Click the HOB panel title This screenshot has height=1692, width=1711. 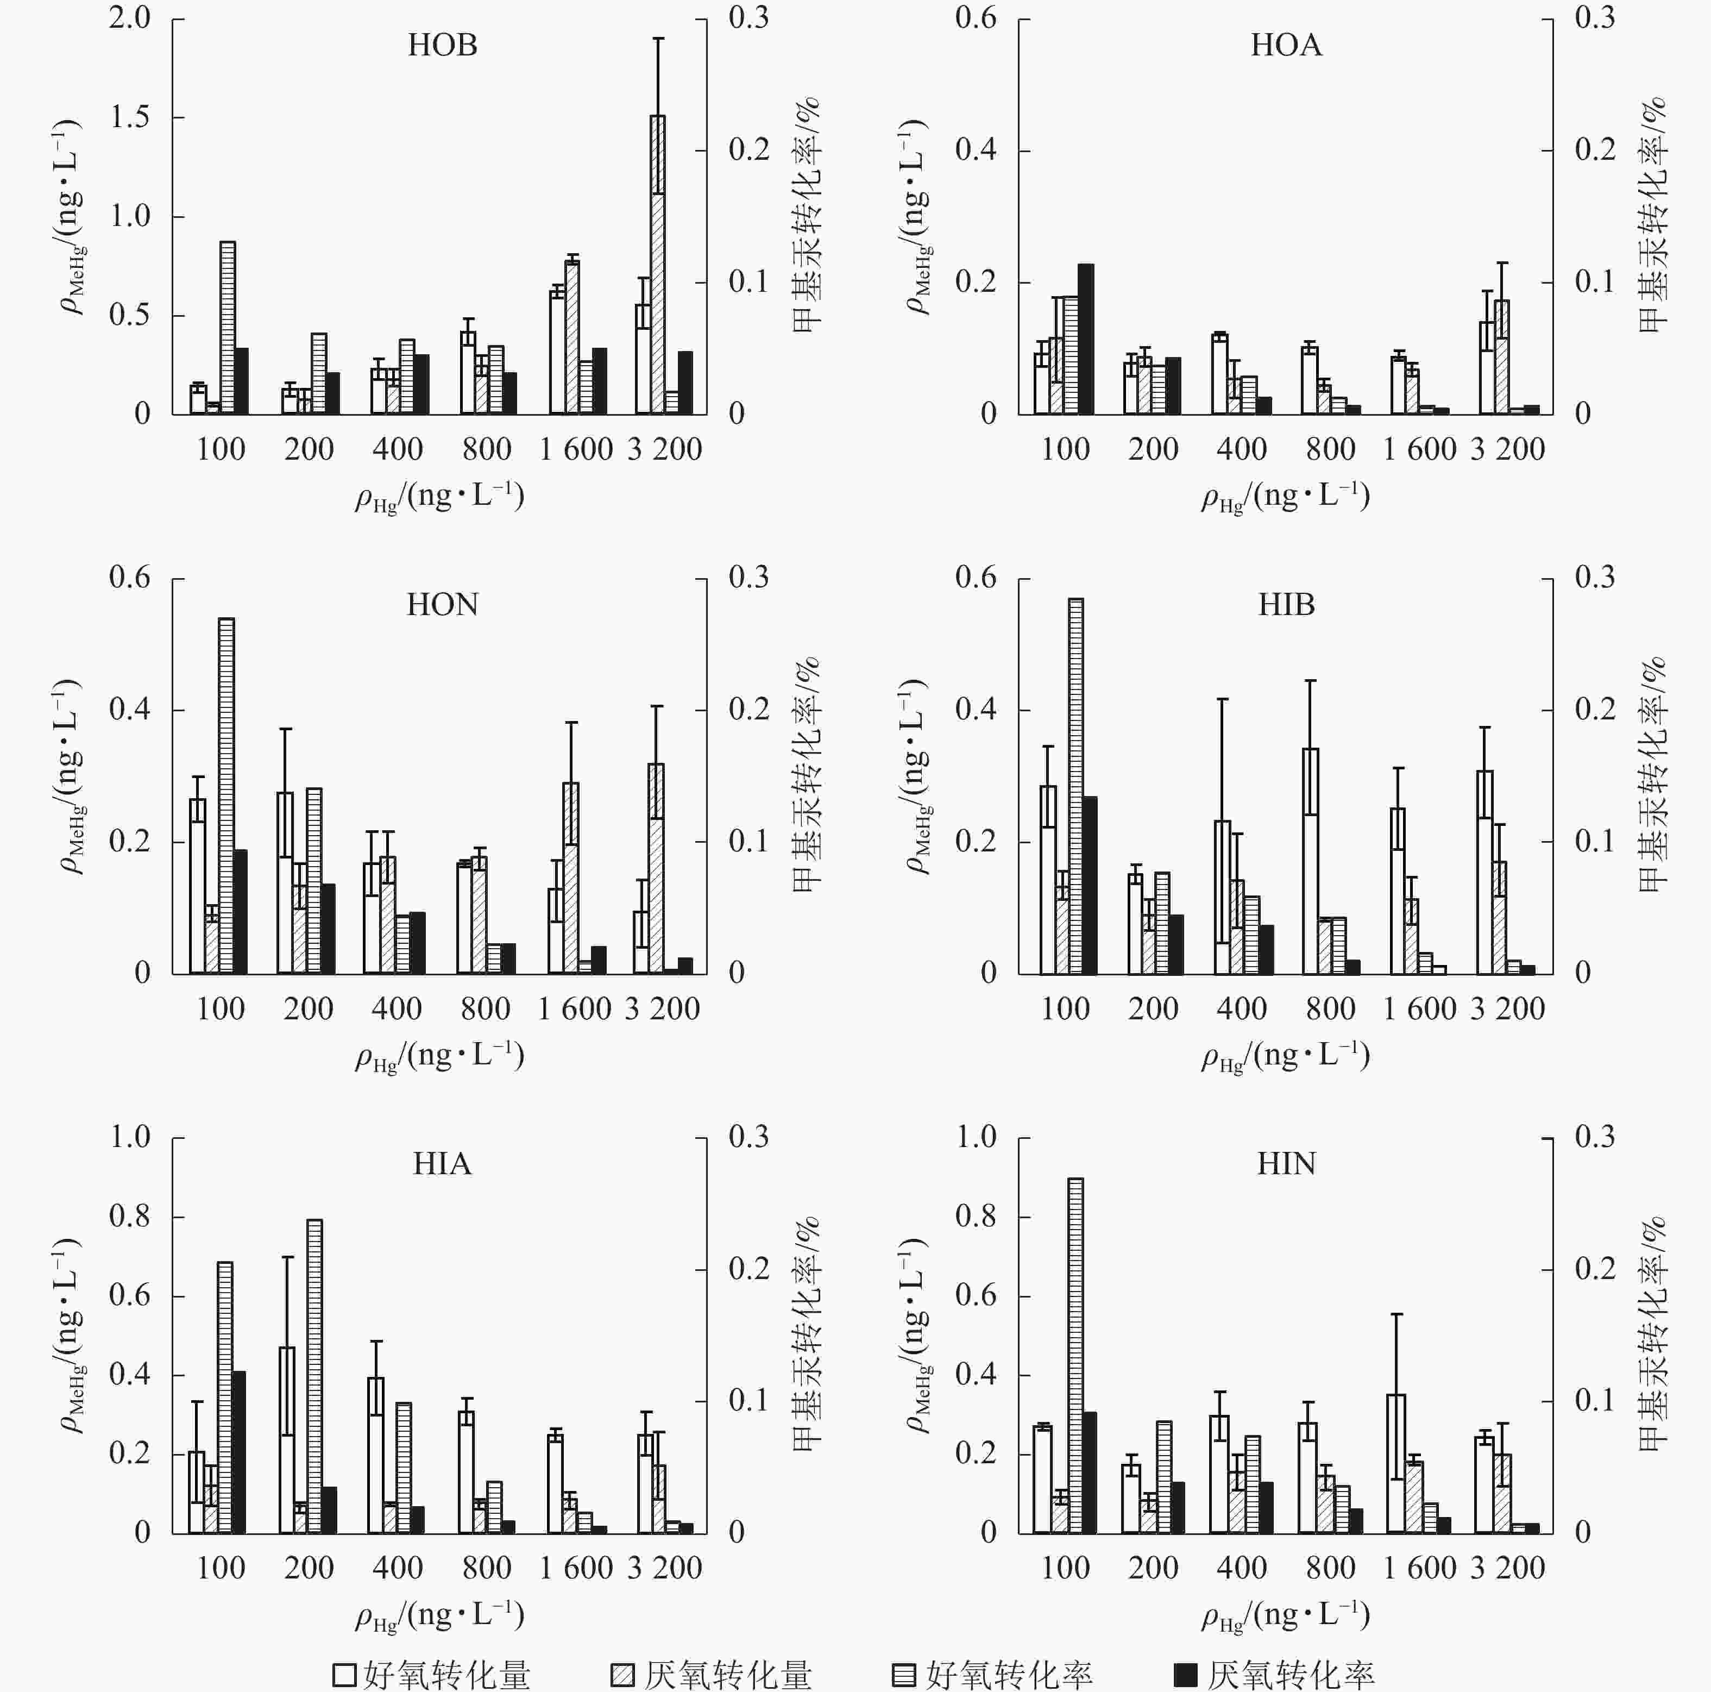(442, 45)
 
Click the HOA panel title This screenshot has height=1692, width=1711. (1286, 45)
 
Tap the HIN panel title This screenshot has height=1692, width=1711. (1286, 1164)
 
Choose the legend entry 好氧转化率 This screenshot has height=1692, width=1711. (993, 1674)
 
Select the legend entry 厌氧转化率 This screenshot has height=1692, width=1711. (1275, 1674)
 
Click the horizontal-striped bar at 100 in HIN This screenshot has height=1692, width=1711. (1075, 1355)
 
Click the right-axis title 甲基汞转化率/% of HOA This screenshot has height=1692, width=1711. (1652, 215)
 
